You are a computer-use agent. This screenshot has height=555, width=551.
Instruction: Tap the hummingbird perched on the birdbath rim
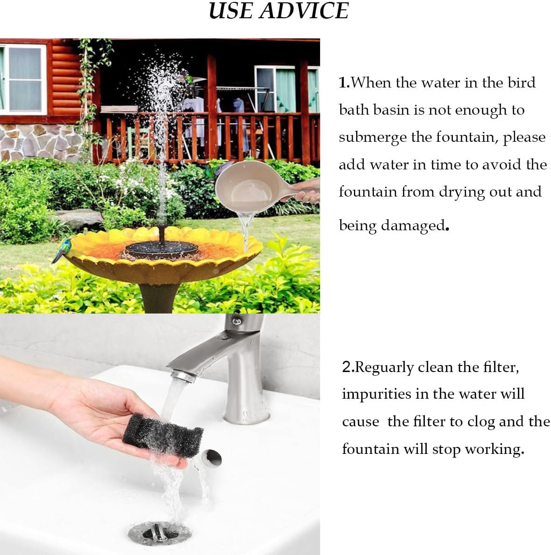tap(62, 248)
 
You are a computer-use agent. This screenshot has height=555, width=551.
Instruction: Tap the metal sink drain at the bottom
tap(160, 533)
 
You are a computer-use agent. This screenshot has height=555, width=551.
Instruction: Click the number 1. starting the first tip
tap(344, 83)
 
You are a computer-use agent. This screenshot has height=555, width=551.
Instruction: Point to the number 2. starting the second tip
tap(348, 367)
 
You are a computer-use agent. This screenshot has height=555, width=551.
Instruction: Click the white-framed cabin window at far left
tap(23, 79)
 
